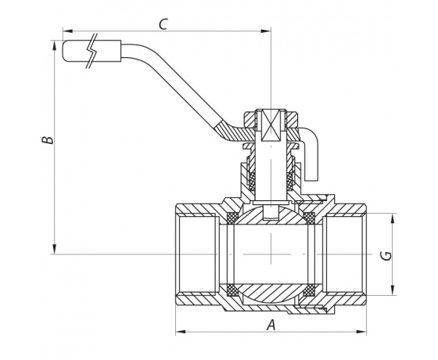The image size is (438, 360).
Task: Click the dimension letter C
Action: tap(163, 24)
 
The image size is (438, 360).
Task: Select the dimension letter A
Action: tap(271, 325)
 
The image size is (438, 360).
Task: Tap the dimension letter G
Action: tap(387, 255)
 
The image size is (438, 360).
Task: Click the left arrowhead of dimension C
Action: tap(68, 31)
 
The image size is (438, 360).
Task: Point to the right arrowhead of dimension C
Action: tap(266, 31)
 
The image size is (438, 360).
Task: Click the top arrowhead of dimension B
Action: tap(55, 45)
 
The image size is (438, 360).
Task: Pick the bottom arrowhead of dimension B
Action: tap(55, 249)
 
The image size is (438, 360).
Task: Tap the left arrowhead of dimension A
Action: tap(181, 332)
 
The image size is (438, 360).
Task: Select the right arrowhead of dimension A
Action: tap(361, 332)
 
